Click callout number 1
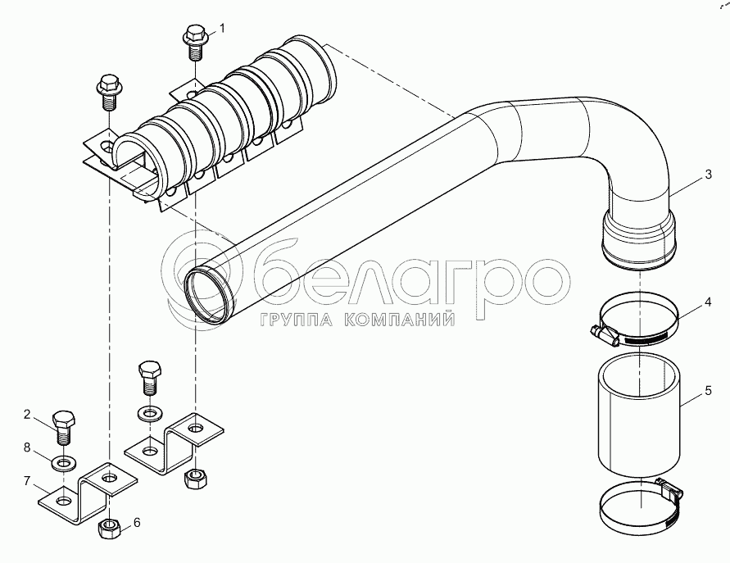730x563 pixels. click(x=222, y=29)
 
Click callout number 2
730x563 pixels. click(x=27, y=414)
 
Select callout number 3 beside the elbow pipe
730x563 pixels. click(x=708, y=175)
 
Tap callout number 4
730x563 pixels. click(x=708, y=302)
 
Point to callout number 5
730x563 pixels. click(x=708, y=390)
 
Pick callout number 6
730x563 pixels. click(x=136, y=523)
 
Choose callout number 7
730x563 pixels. click(x=27, y=480)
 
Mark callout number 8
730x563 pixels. click(x=27, y=447)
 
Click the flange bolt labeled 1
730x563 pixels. click(x=193, y=43)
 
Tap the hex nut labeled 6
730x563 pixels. click(x=110, y=529)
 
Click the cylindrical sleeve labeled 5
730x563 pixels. click(x=639, y=415)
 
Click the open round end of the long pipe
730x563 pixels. click(x=209, y=294)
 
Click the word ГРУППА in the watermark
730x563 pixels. click(x=296, y=320)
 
